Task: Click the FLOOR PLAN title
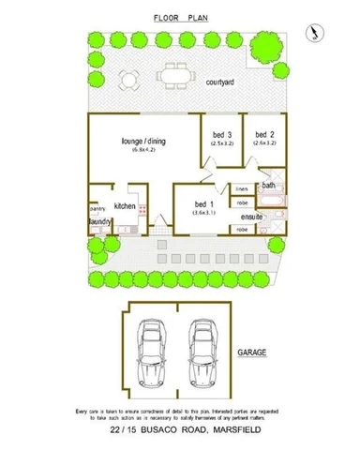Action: (x=179, y=18)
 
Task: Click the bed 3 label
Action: (x=222, y=134)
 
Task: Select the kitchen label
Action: (x=127, y=204)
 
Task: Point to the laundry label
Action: (x=100, y=223)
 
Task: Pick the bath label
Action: (x=269, y=186)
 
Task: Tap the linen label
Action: (x=242, y=188)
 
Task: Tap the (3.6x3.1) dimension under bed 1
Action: (x=205, y=213)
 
